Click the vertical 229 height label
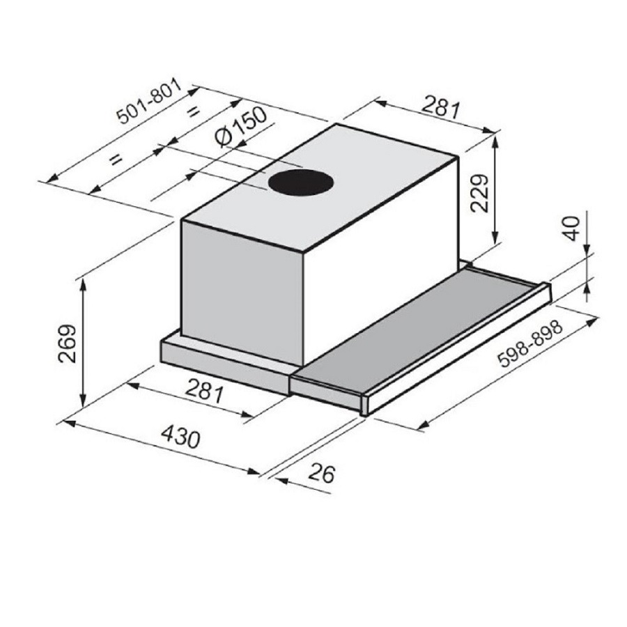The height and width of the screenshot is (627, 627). pos(479,193)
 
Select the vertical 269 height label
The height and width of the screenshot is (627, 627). pos(67,343)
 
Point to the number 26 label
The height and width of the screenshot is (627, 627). pos(321,473)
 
